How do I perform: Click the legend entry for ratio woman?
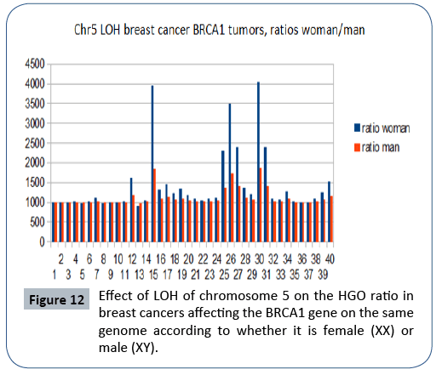[x=383, y=128]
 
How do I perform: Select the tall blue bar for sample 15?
[x=152, y=162]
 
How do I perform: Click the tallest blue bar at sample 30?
[x=258, y=162]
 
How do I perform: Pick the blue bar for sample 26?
[x=230, y=170]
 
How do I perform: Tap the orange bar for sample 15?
[x=155, y=204]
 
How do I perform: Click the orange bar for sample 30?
[x=261, y=204]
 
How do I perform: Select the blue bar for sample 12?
[x=131, y=208]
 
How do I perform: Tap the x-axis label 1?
[x=55, y=275]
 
